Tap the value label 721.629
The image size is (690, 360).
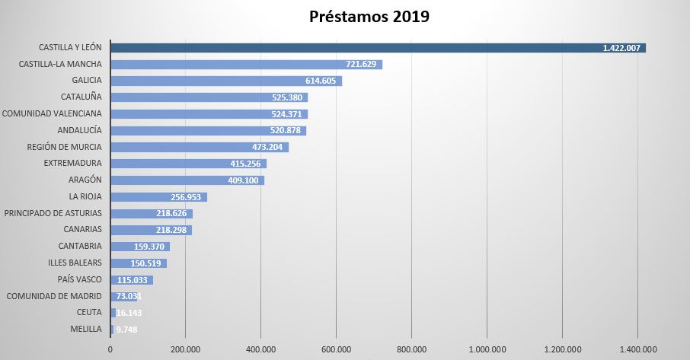[361, 64]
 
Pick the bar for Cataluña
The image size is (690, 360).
[190, 97]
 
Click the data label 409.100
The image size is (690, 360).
[245, 180]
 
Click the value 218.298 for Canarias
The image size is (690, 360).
[172, 230]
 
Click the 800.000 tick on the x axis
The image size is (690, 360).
[411, 349]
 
